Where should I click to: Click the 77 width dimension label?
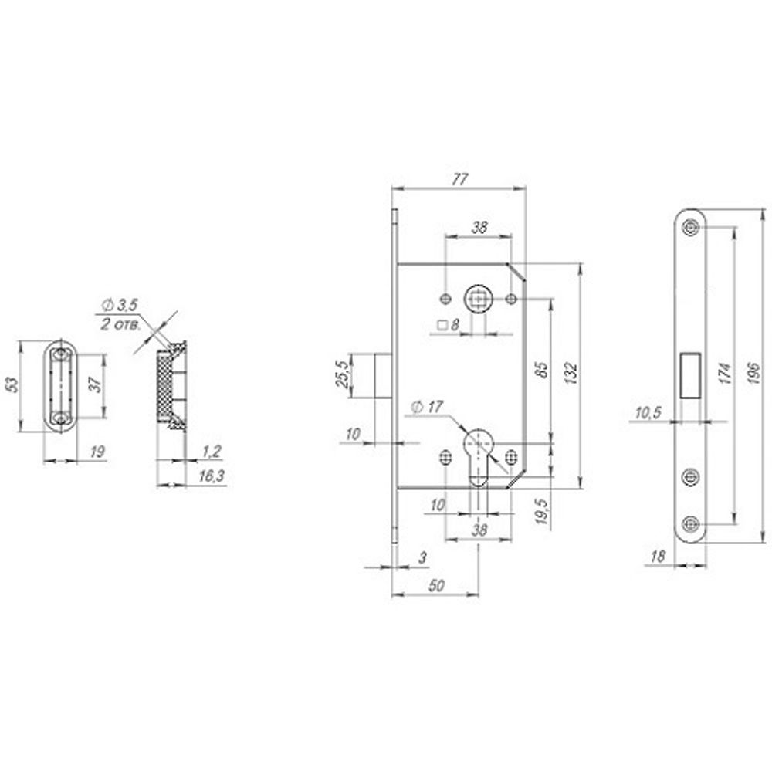459,179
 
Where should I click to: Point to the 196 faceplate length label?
753,373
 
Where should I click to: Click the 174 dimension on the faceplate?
724,373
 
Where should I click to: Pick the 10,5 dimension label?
648,412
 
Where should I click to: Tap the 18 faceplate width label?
657,557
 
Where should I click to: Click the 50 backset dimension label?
436,585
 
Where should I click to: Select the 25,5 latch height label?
341,374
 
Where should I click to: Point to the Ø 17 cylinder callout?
427,407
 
